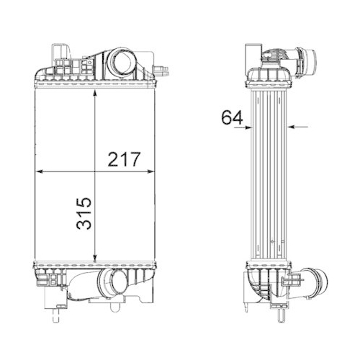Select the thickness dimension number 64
point(231,117)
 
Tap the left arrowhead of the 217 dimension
point(40,172)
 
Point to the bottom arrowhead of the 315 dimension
point(96,256)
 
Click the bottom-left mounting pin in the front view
point(56,312)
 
